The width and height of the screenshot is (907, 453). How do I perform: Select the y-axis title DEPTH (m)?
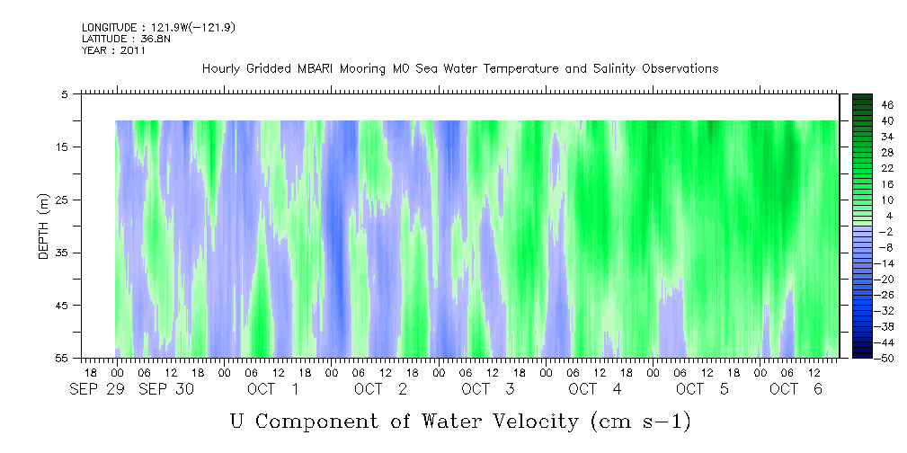(44, 226)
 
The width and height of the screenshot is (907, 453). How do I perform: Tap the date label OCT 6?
(796, 389)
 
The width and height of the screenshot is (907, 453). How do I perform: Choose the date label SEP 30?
(166, 389)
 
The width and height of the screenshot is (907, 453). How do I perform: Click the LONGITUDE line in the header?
(158, 27)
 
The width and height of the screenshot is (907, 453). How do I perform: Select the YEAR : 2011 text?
(113, 50)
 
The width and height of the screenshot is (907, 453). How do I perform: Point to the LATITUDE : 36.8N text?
(126, 39)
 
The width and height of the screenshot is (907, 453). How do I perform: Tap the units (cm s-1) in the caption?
(641, 422)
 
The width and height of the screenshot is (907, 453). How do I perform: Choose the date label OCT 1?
(273, 389)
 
